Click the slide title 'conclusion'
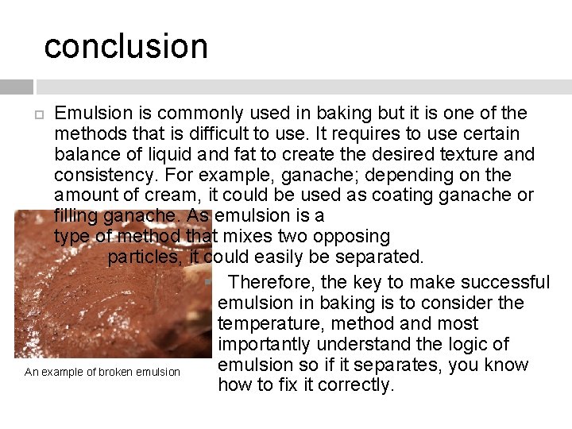coord(126,46)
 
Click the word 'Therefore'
coord(271,282)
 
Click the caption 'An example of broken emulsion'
coord(102,372)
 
